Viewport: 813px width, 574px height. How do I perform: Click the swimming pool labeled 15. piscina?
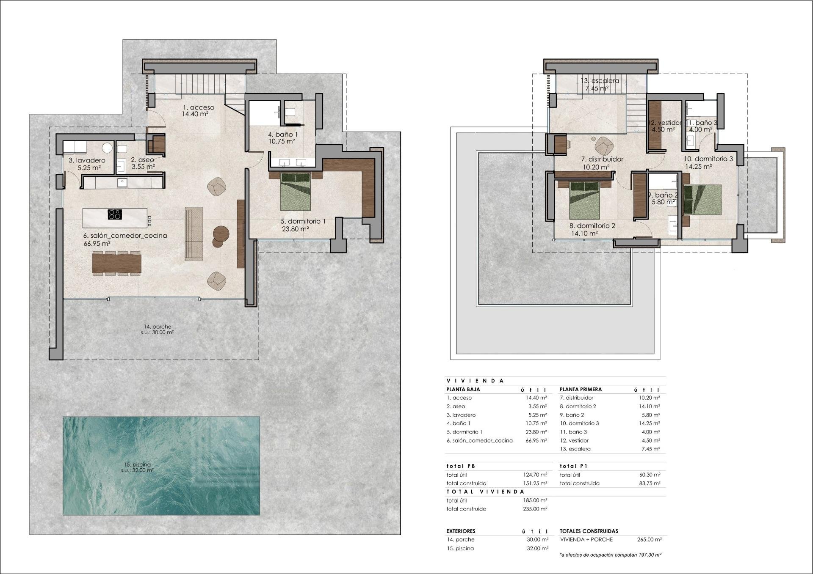click(161, 465)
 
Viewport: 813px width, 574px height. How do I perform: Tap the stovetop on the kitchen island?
click(114, 214)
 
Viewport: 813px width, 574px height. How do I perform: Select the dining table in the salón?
click(116, 263)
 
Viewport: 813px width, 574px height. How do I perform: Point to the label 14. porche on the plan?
click(158, 327)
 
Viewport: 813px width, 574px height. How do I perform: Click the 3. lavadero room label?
click(87, 160)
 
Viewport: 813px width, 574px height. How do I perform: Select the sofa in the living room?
click(194, 233)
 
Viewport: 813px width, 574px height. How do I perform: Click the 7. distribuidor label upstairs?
click(602, 159)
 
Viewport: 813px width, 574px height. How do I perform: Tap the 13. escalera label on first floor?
click(600, 80)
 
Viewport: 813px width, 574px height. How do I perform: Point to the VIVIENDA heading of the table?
click(475, 381)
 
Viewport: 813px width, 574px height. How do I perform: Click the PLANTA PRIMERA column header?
click(581, 389)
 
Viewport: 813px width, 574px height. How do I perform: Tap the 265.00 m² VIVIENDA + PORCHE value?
click(649, 539)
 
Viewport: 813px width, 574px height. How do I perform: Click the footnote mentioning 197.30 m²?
click(610, 554)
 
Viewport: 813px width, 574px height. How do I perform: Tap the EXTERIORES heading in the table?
click(461, 531)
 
